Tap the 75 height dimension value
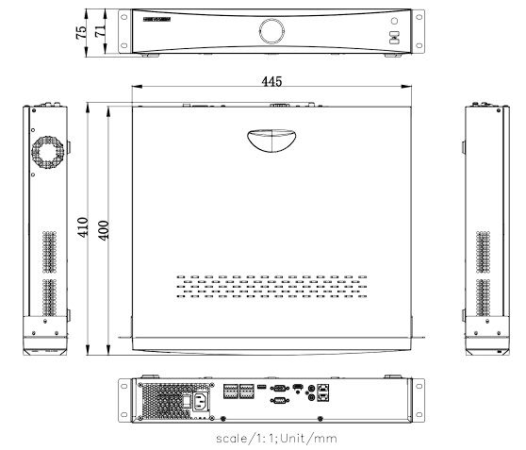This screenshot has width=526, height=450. coord(82,31)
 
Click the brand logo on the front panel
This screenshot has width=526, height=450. coord(156,18)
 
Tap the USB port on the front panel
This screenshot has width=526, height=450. coord(393,40)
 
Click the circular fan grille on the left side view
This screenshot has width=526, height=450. coord(50,150)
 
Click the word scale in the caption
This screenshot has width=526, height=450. coord(236,437)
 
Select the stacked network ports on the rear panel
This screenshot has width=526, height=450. coord(325,392)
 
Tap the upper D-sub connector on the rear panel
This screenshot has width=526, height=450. coord(279,388)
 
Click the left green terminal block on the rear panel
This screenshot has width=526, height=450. coord(231,392)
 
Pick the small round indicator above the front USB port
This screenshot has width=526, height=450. coord(393,21)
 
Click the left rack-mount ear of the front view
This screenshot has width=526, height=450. coord(124,32)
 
